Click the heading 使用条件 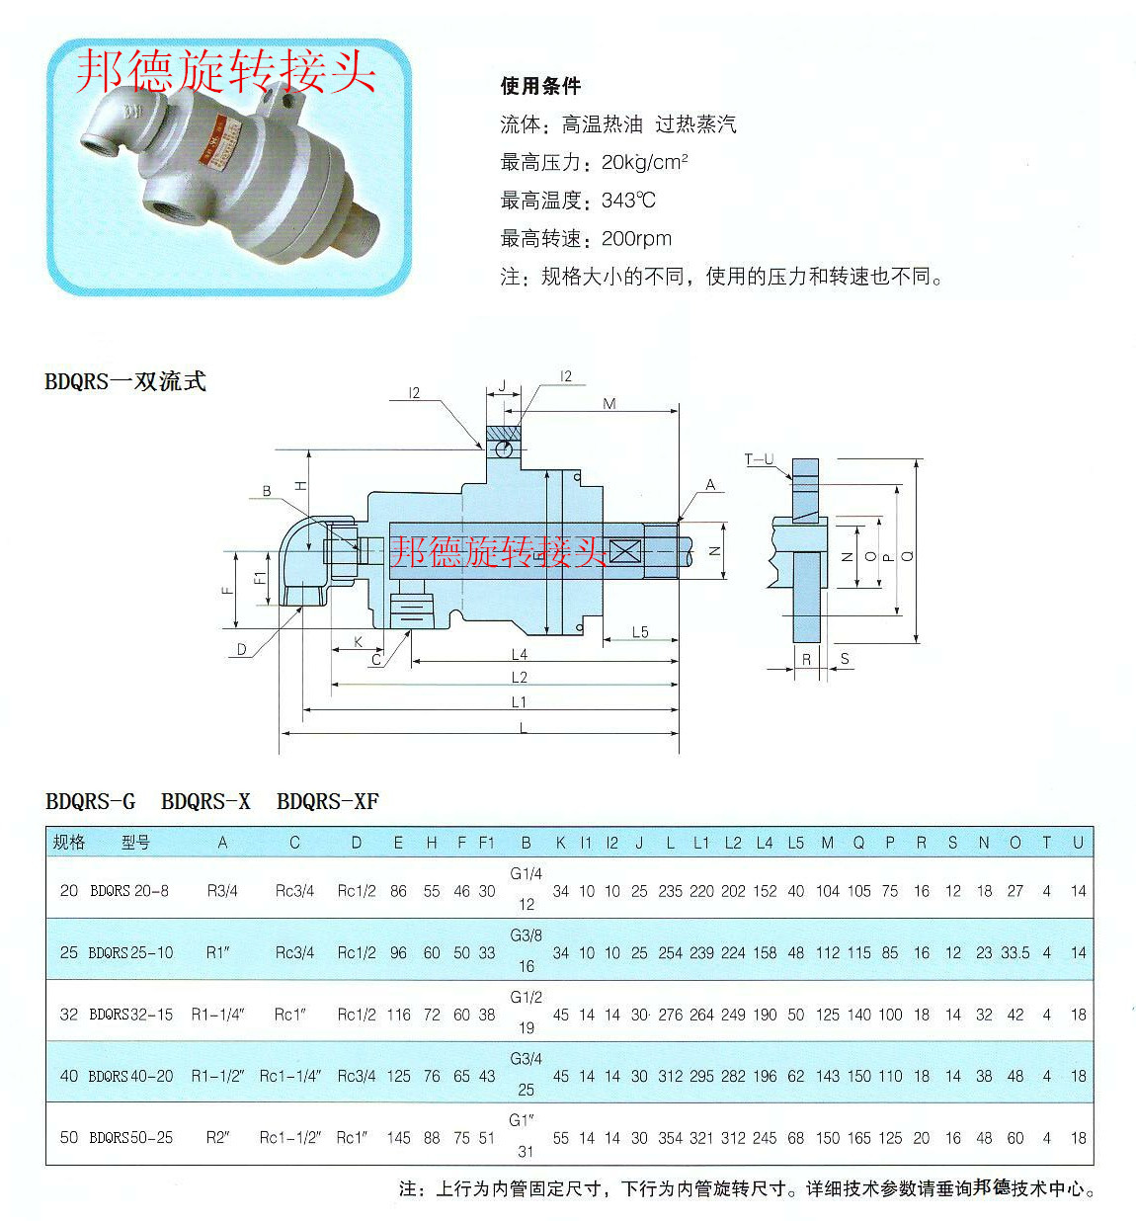point(540,86)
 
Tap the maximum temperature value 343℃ point(628,201)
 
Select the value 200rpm point(636,238)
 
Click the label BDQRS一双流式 point(125,381)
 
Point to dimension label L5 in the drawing point(640,632)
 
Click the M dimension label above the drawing point(609,403)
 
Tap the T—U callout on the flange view point(759,459)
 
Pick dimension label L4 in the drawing point(520,654)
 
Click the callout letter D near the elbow point(241,649)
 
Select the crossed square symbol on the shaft point(623,551)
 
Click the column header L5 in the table point(795,843)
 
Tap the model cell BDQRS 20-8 point(129,891)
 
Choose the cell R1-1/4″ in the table point(218,1015)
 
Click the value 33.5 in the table point(1014,953)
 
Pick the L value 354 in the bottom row point(670,1138)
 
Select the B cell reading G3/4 point(526,1059)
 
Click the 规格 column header point(69,843)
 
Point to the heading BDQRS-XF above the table point(328,801)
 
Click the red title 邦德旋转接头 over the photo point(226,71)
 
